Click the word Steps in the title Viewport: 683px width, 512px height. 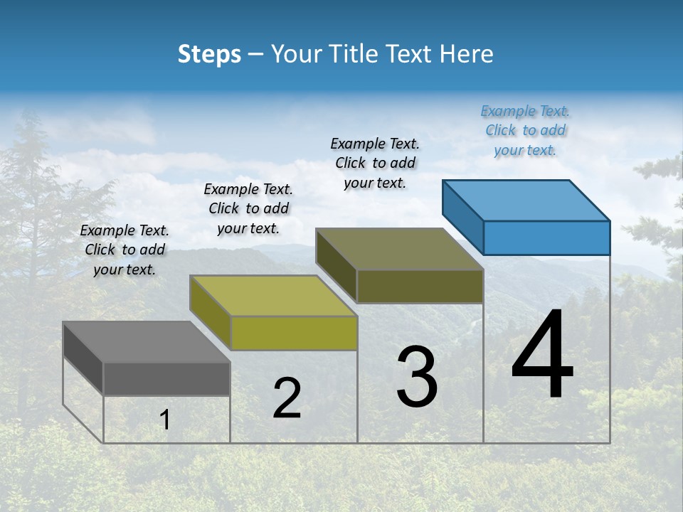(x=209, y=54)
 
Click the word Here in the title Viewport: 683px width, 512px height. (x=467, y=54)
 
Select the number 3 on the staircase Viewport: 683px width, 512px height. (x=417, y=377)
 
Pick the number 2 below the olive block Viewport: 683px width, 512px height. (x=287, y=398)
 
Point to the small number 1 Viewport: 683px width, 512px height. (x=165, y=420)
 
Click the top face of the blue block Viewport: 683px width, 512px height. (x=526, y=200)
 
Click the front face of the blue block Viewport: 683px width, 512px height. (x=546, y=238)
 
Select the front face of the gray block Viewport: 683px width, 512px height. (x=166, y=379)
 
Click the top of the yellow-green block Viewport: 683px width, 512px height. (x=273, y=295)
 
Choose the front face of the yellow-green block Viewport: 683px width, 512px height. (x=294, y=333)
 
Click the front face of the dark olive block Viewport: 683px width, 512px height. (x=420, y=286)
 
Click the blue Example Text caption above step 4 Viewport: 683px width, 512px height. (x=525, y=130)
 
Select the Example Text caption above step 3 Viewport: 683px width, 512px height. (x=375, y=163)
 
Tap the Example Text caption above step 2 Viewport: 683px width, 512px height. (x=248, y=208)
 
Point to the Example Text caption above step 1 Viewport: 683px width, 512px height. (x=125, y=250)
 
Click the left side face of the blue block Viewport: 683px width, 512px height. (x=462, y=217)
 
